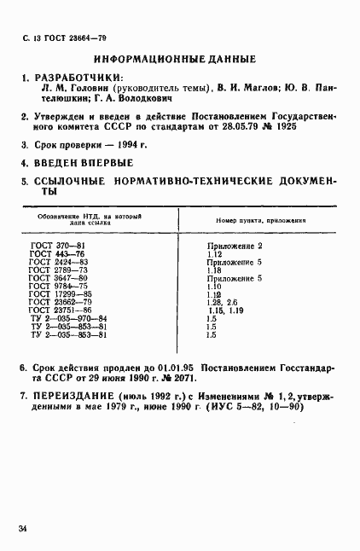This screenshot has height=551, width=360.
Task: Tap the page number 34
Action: coord(22,531)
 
